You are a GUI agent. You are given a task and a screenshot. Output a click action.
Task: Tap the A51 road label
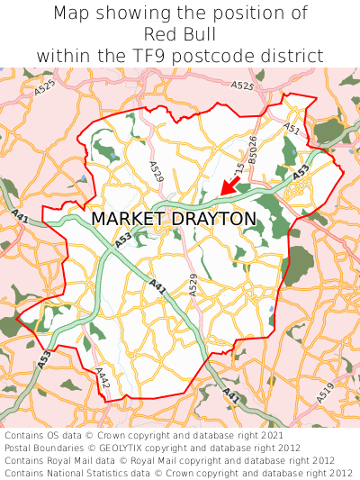pos(292,130)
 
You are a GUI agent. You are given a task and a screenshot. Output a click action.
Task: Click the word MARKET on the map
pos(127,219)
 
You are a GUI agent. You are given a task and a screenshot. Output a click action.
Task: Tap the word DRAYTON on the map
pos(212,219)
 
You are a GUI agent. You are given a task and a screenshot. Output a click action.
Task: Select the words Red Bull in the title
pos(180,34)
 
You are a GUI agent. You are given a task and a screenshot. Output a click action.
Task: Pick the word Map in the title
pos(70,14)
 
